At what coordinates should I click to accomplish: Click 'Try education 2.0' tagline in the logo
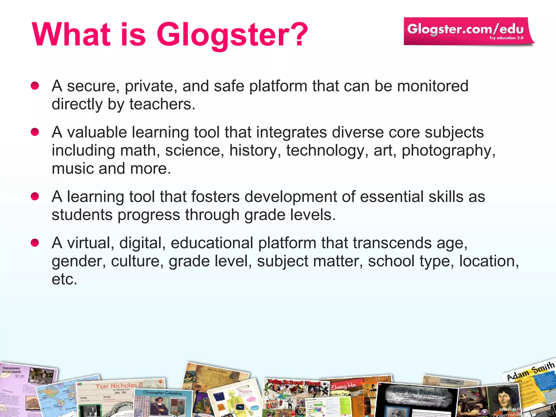click(x=506, y=38)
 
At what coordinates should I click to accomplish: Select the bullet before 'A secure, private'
click(x=35, y=86)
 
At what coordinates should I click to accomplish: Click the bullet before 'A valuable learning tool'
click(x=35, y=132)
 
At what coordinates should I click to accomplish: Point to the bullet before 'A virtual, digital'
click(x=35, y=243)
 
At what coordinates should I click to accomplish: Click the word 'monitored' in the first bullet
click(x=433, y=86)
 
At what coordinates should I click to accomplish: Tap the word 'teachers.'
click(x=162, y=104)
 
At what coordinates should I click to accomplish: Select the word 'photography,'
click(x=448, y=150)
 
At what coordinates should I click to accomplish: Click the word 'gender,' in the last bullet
click(x=79, y=261)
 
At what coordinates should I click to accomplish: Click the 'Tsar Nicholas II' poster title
click(x=119, y=386)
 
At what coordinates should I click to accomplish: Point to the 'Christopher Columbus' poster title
click(x=162, y=393)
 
